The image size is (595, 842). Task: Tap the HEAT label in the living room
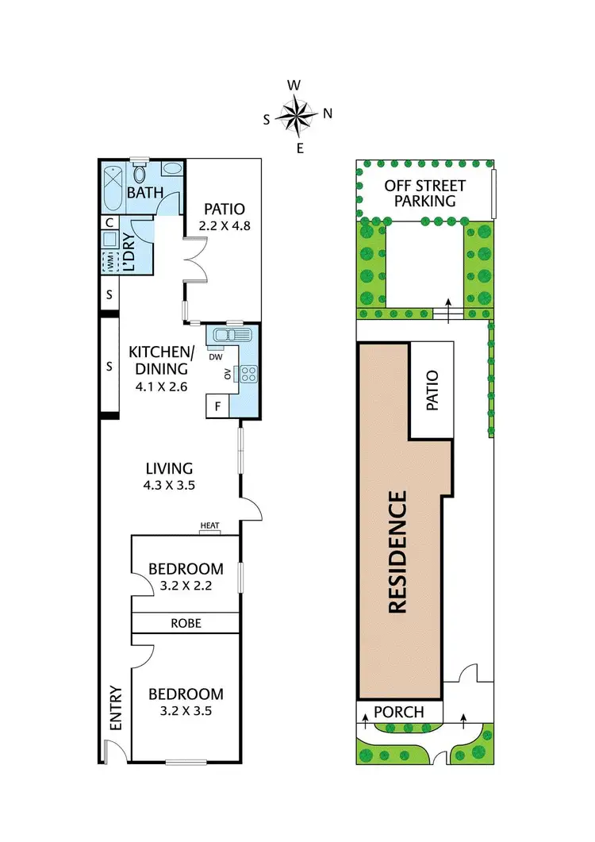(209, 525)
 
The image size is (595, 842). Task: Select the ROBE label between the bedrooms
(186, 623)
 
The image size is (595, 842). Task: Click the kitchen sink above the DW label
(228, 336)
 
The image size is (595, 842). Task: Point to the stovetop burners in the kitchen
(248, 371)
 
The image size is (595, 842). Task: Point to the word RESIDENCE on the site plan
(398, 552)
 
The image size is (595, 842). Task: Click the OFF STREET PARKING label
(424, 193)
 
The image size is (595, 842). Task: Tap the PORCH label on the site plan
(399, 712)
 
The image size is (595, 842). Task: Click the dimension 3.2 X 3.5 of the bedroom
(186, 712)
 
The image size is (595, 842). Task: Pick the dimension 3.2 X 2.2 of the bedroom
(186, 587)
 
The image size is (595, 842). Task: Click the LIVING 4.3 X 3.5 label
(169, 475)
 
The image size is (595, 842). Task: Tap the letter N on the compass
(327, 113)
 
